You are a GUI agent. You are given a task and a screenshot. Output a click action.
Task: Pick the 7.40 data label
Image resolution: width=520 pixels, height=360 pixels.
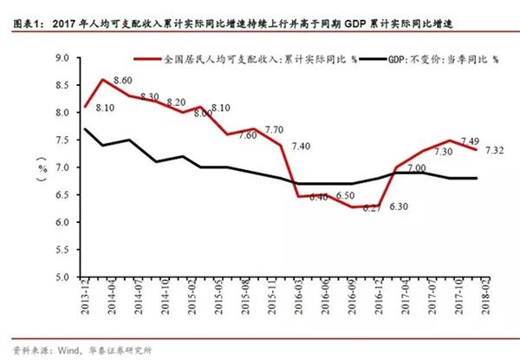click(302, 145)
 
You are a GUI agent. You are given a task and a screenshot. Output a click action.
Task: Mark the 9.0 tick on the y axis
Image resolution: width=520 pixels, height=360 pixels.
click(62, 58)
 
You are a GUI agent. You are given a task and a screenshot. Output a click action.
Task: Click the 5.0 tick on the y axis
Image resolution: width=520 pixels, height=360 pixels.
click(62, 278)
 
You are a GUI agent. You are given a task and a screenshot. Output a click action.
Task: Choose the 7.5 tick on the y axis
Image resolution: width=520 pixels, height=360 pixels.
click(62, 141)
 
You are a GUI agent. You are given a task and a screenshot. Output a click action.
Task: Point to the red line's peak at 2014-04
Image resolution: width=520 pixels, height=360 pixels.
click(104, 80)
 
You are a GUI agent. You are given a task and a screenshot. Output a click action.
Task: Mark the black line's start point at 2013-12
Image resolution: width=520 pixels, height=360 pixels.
click(85, 129)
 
